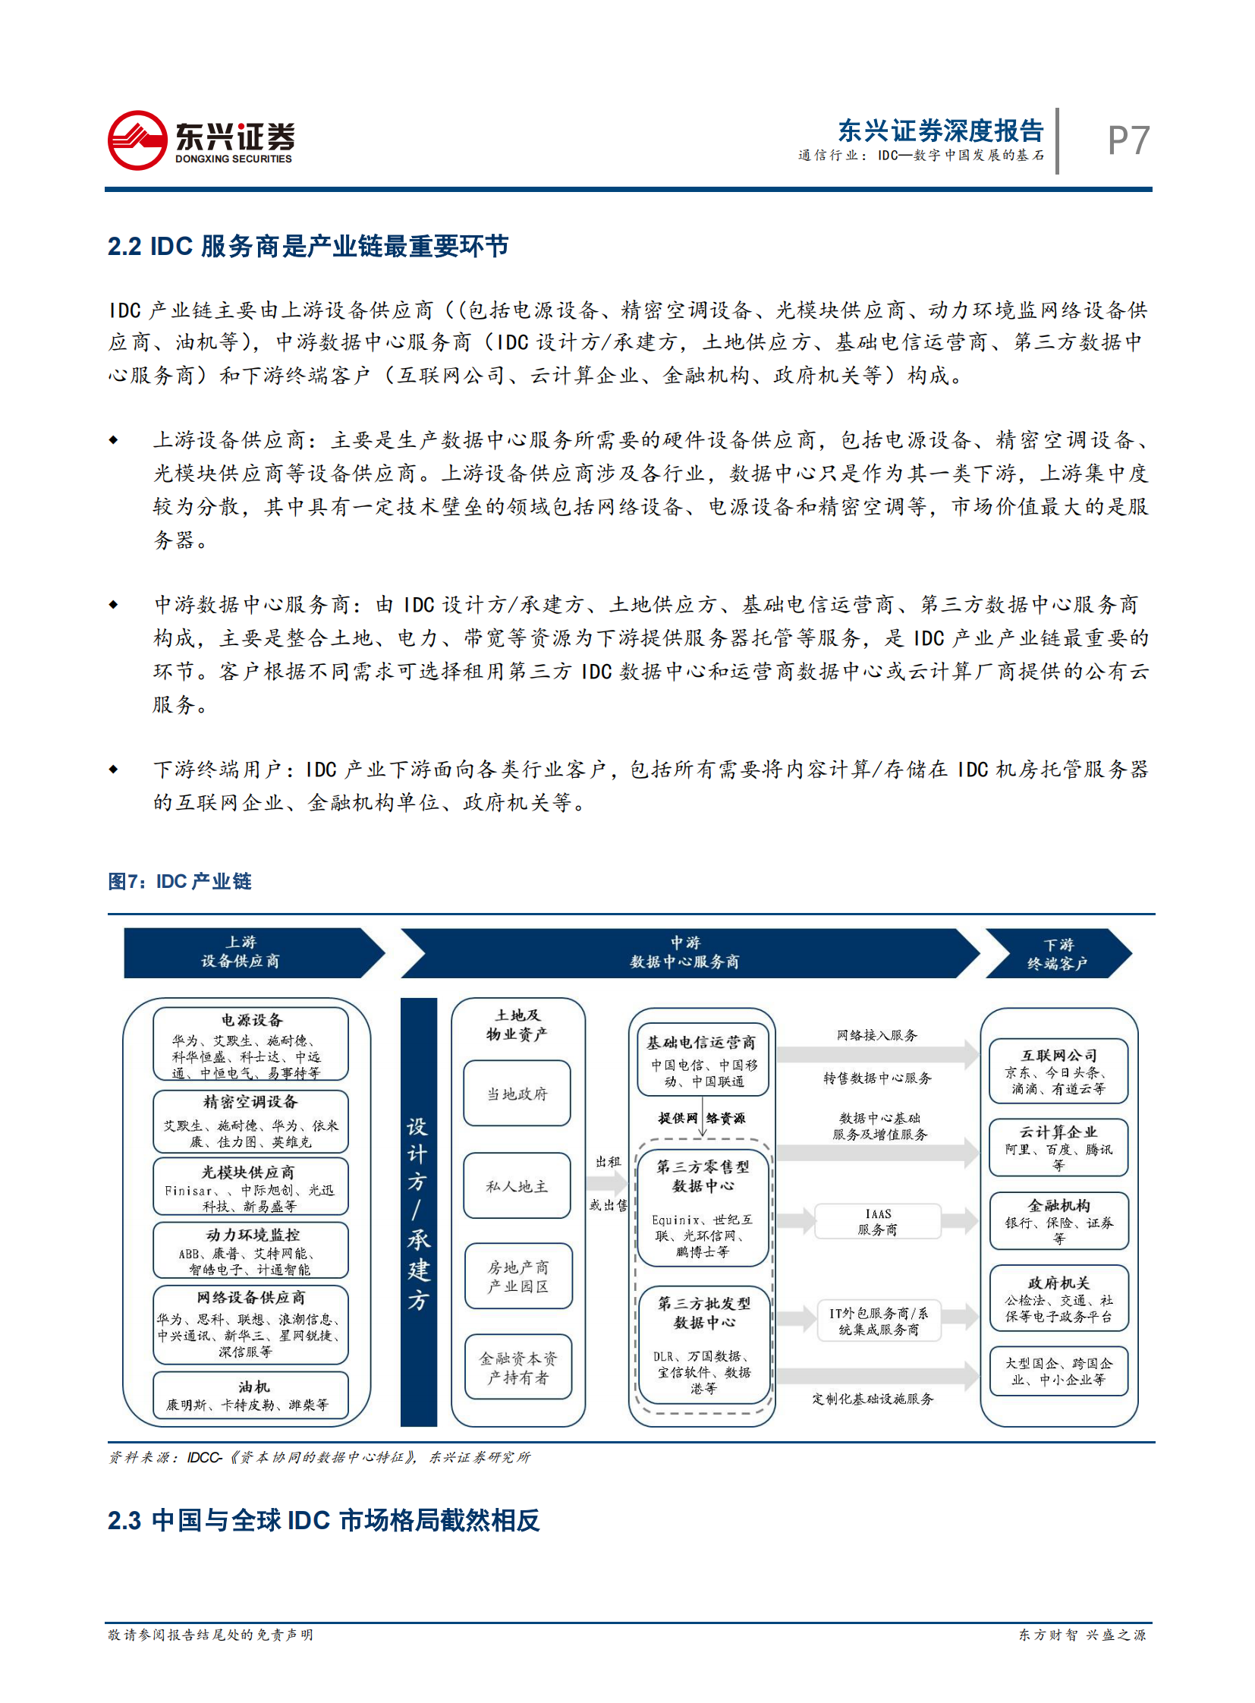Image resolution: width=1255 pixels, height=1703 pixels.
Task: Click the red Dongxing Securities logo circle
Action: [x=137, y=140]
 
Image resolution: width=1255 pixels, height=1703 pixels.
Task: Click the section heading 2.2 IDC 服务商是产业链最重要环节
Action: [x=307, y=246]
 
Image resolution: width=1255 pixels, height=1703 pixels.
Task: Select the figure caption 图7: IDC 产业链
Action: [x=179, y=881]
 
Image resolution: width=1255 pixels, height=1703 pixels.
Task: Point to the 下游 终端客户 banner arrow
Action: [x=1058, y=954]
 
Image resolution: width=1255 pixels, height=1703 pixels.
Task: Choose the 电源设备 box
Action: [x=250, y=1044]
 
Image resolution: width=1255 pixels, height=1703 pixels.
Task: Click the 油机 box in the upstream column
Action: [x=250, y=1395]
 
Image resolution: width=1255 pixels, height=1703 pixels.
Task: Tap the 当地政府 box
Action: [x=517, y=1094]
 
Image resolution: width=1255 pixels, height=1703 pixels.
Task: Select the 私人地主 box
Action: [x=517, y=1185]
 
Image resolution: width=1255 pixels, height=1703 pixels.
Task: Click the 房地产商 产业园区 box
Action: [x=518, y=1276]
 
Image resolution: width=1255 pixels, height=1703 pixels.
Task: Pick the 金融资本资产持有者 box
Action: [x=518, y=1368]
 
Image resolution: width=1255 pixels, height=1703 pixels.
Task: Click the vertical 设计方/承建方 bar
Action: [x=419, y=1211]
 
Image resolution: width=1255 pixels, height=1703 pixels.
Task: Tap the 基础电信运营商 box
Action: [x=702, y=1060]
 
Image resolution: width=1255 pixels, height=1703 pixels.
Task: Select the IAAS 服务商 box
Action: [x=877, y=1221]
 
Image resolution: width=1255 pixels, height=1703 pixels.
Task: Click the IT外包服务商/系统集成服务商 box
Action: [x=878, y=1321]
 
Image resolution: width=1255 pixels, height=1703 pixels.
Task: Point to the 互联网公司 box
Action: [x=1058, y=1071]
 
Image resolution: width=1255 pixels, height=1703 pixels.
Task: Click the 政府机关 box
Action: [x=1058, y=1298]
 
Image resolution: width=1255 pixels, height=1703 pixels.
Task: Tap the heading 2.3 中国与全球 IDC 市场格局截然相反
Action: [x=324, y=1520]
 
